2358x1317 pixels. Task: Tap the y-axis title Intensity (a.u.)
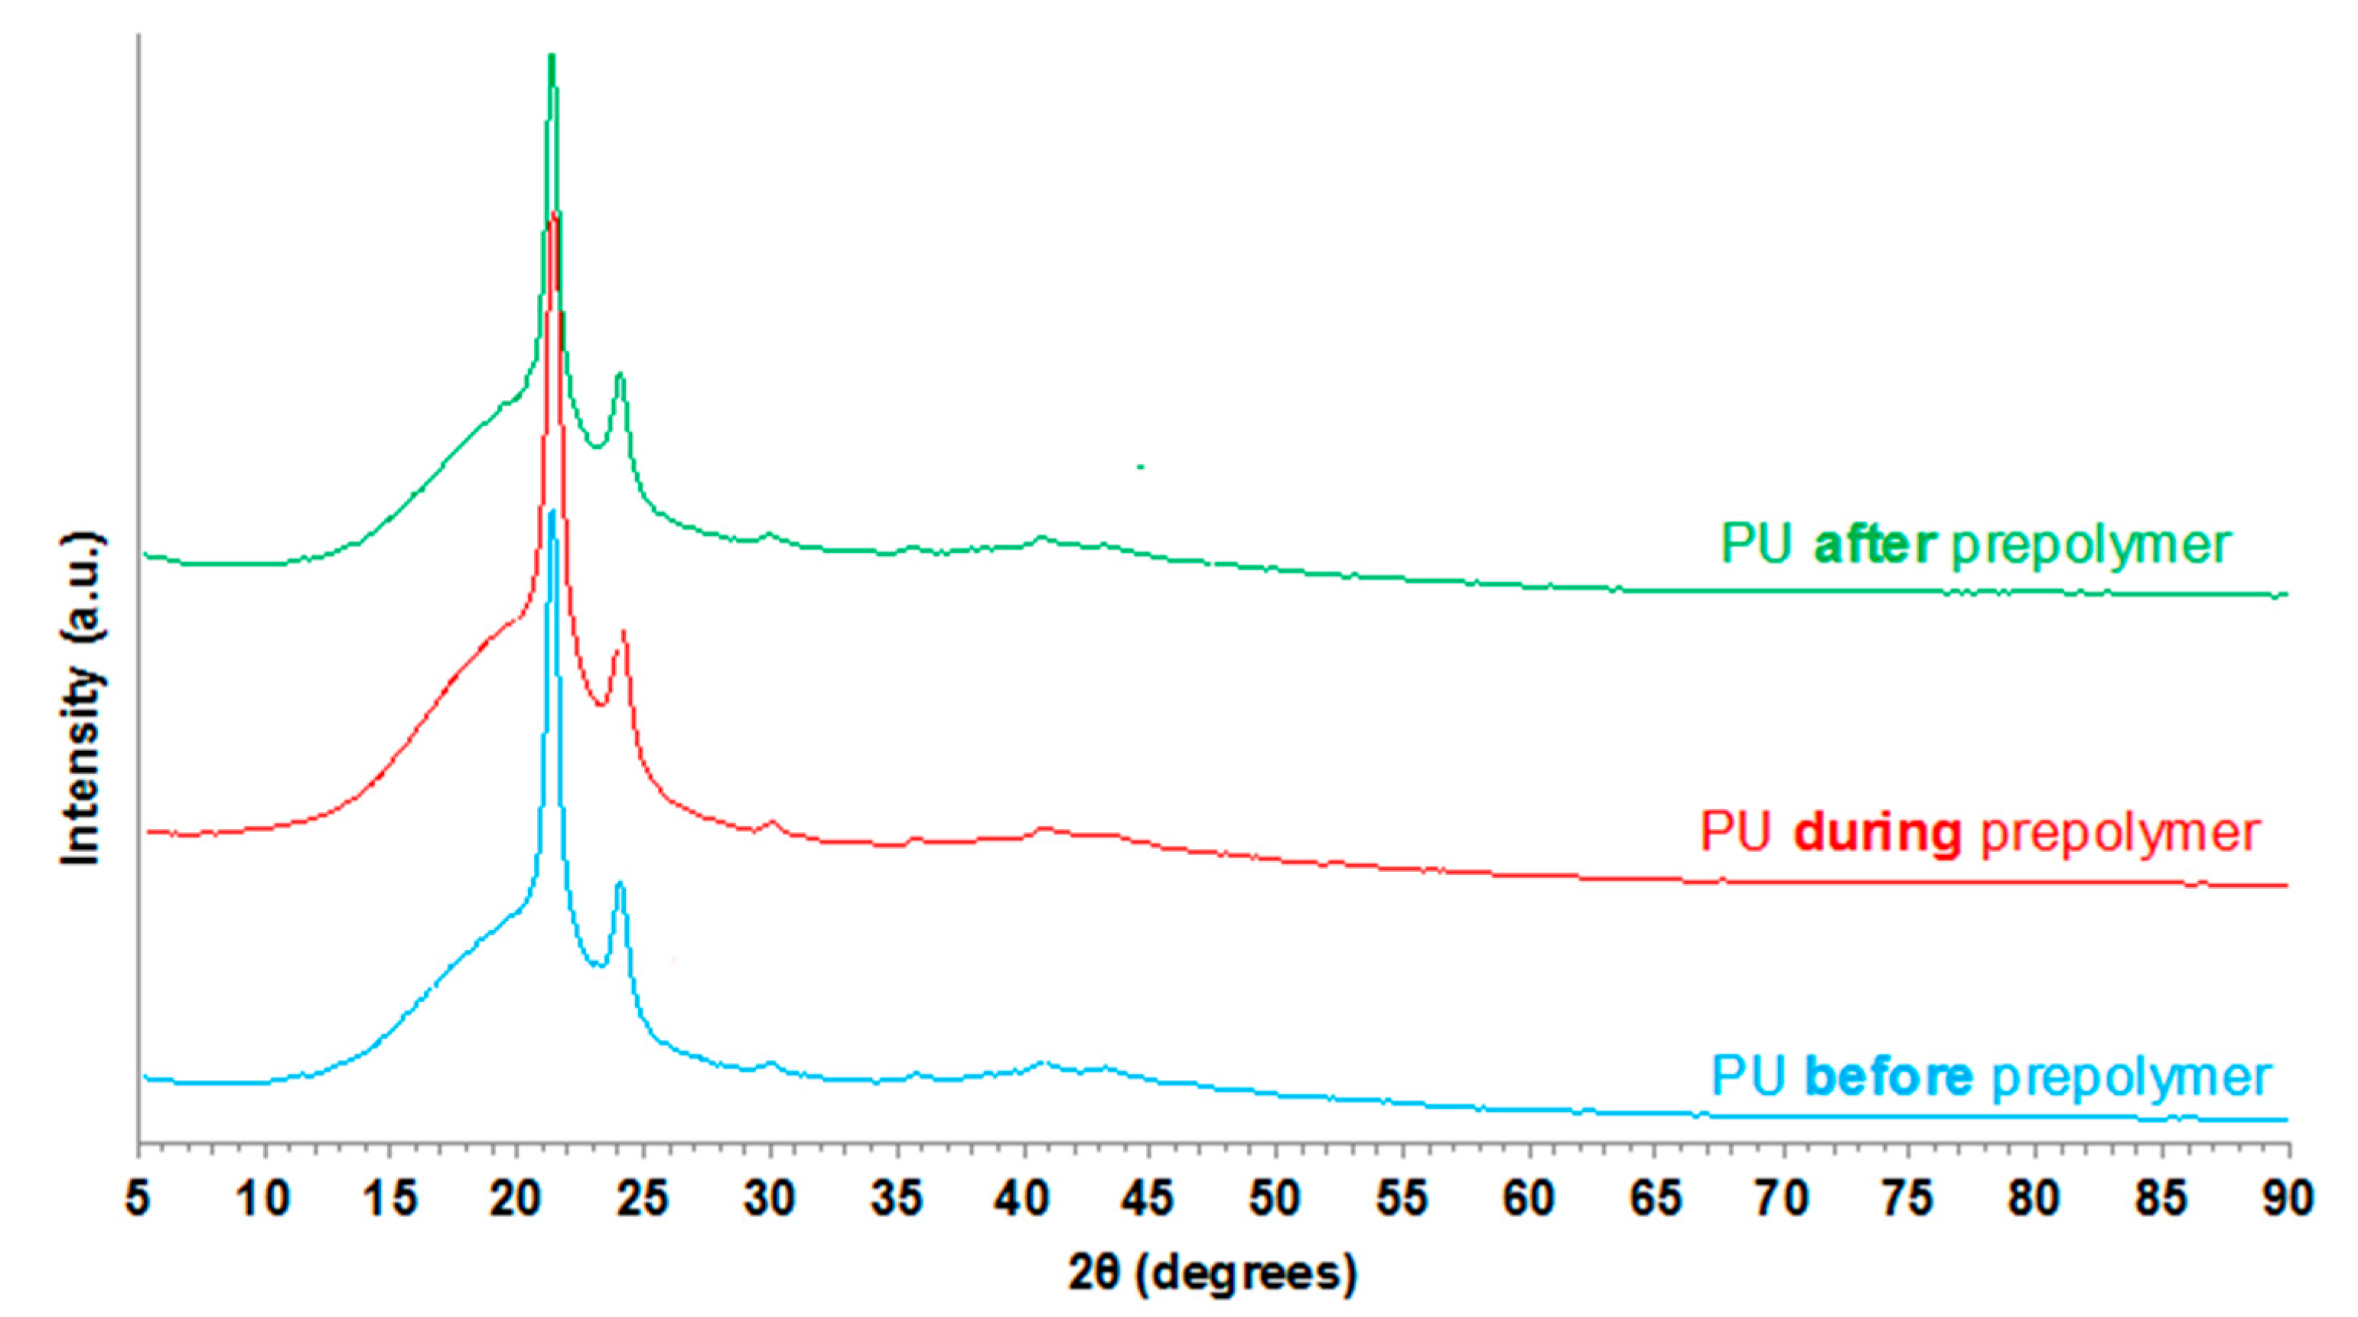[80, 698]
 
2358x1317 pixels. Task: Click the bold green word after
[1874, 545]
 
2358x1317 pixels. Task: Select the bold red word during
[1878, 832]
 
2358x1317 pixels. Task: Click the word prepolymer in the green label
[2092, 546]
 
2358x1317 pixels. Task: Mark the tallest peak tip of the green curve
[551, 57]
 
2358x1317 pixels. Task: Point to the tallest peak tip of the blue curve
[551, 512]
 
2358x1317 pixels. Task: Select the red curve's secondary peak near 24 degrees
[624, 632]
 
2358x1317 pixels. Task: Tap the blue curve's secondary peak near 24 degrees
[620, 883]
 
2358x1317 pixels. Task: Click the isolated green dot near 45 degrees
[1141, 467]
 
